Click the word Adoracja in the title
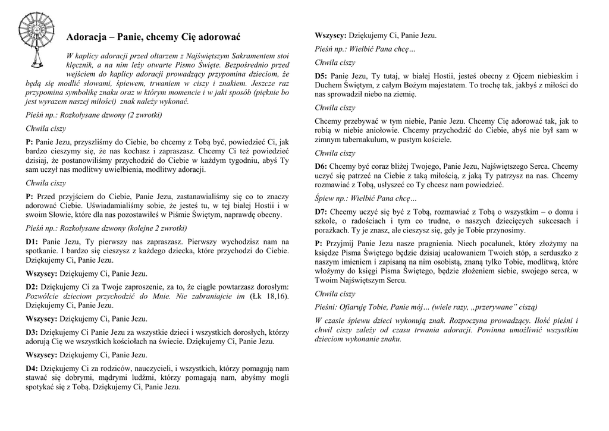86,37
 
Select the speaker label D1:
32,242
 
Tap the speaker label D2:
32,287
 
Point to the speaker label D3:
32,332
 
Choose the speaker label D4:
32,369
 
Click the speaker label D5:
321,76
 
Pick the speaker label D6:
321,166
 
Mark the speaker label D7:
321,212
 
